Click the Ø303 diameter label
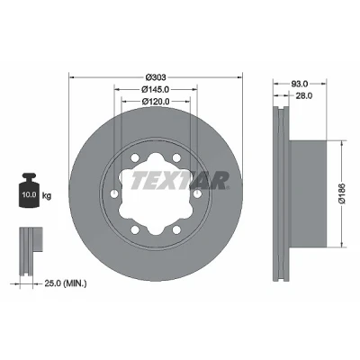156,77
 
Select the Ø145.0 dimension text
156,89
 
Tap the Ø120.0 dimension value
156,102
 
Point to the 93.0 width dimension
300,84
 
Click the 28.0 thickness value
304,95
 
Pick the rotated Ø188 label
342,193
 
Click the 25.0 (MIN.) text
66,283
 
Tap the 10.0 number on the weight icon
29,194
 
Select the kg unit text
47,196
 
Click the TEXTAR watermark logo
180,181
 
